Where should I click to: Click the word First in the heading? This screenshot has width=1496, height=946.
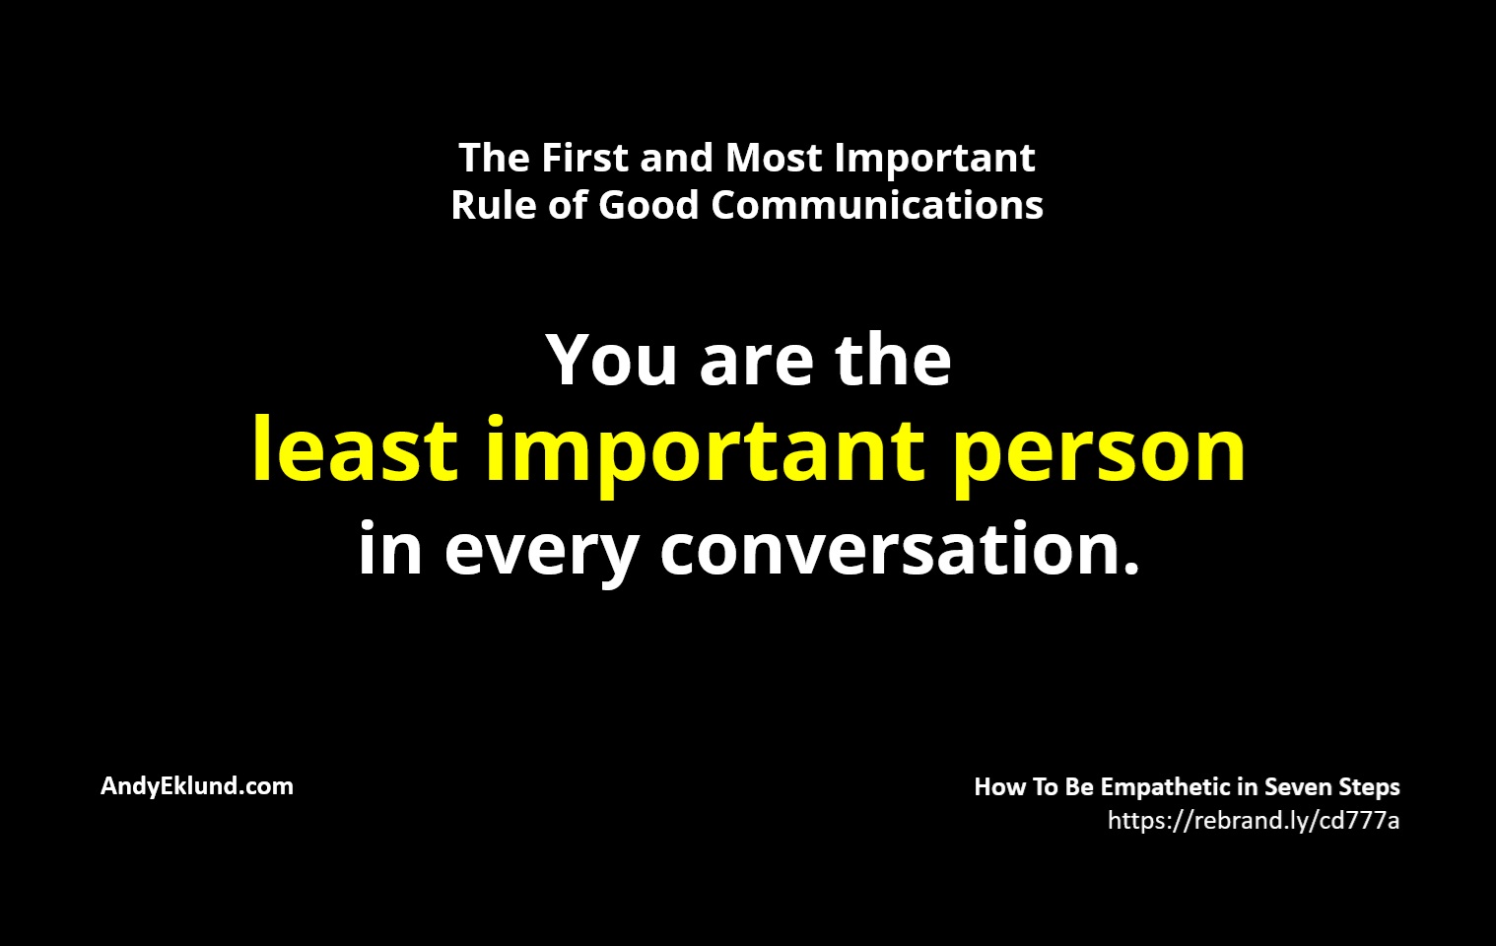pyautogui.click(x=585, y=159)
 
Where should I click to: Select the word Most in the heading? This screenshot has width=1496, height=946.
pyautogui.click(x=774, y=159)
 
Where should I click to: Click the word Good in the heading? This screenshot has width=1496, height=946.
pyautogui.click(x=648, y=204)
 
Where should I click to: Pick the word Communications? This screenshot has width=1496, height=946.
pyautogui.click(x=877, y=204)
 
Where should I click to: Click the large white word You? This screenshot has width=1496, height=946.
pyautogui.click(x=612, y=360)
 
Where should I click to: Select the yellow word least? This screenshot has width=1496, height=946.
pyautogui.click(x=356, y=448)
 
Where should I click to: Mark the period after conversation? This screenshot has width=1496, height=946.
pyautogui.click(x=1130, y=567)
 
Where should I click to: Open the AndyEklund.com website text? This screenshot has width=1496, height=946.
pyautogui.click(x=197, y=786)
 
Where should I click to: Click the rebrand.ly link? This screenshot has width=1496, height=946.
pyautogui.click(x=1254, y=821)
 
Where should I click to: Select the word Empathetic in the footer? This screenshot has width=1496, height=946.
pyautogui.click(x=1166, y=787)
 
